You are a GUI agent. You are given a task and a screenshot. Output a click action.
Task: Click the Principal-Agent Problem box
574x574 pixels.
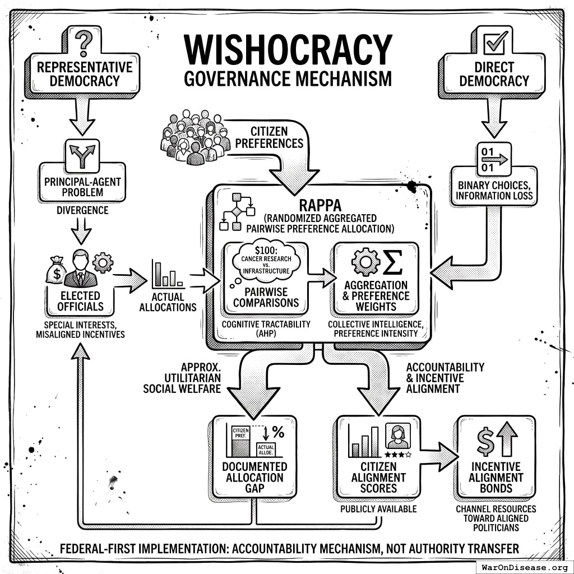click(82, 185)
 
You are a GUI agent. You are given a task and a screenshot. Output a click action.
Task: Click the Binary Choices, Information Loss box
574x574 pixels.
click(494, 191)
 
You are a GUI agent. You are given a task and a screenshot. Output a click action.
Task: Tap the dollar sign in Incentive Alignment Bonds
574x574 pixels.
click(485, 441)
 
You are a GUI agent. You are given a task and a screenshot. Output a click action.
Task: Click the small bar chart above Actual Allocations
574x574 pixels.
click(168, 273)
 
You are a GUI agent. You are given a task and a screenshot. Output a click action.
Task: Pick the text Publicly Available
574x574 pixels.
click(379, 509)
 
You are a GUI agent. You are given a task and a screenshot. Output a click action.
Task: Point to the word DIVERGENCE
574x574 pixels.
click(83, 211)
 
